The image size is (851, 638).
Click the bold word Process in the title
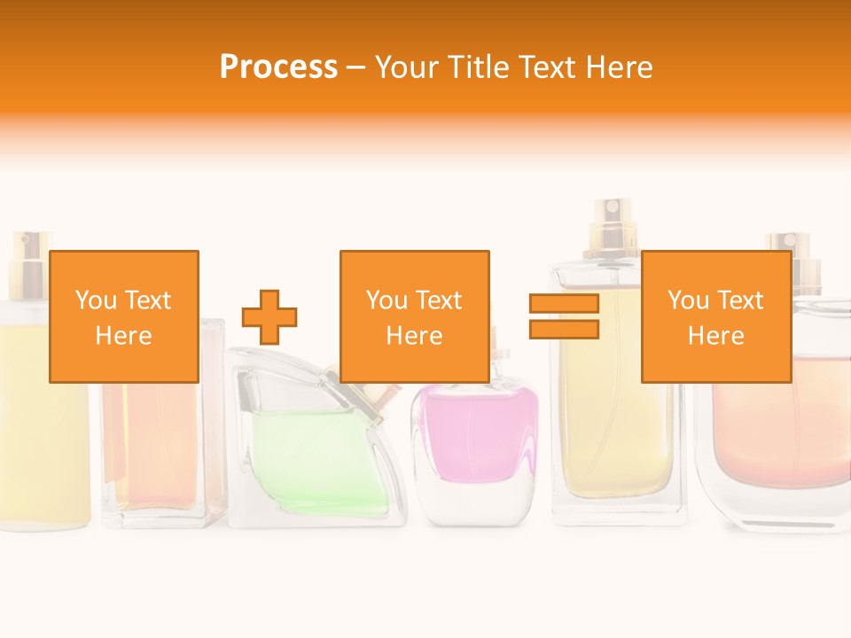pyautogui.click(x=278, y=67)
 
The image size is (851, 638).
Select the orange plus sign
pyautogui.click(x=269, y=317)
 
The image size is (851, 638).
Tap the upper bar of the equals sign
pyautogui.click(x=564, y=304)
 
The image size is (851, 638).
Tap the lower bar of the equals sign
pyautogui.click(x=564, y=330)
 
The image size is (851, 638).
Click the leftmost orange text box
pyautogui.click(x=124, y=316)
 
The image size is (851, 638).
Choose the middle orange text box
pyautogui.click(x=415, y=316)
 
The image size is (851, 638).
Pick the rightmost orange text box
pyautogui.click(x=715, y=316)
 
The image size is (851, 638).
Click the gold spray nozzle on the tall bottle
pyautogui.click(x=612, y=226)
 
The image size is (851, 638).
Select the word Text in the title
pyautogui.click(x=551, y=67)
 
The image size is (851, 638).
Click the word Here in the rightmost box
pyautogui.click(x=715, y=336)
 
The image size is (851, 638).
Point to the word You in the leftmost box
pyautogui.click(x=95, y=300)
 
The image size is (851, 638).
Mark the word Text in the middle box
pyautogui.click(x=440, y=300)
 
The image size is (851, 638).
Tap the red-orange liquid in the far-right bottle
pyautogui.click(x=780, y=425)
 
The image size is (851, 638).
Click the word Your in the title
pyautogui.click(x=408, y=67)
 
